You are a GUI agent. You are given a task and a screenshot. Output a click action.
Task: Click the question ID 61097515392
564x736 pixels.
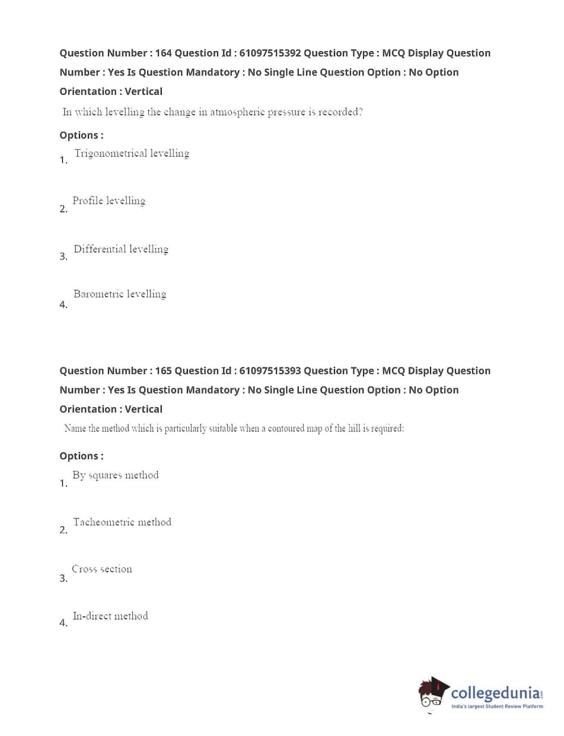click(x=270, y=53)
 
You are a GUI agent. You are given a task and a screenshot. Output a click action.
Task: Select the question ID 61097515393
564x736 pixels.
click(x=270, y=371)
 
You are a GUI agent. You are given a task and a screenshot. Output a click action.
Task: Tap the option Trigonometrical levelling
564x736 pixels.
click(x=132, y=153)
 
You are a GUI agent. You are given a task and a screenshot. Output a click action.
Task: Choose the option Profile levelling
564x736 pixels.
click(x=108, y=201)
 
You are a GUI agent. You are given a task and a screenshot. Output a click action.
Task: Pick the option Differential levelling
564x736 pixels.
click(x=121, y=249)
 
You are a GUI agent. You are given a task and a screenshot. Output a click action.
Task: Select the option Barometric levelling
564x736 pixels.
click(x=120, y=294)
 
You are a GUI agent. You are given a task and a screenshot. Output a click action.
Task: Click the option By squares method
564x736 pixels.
click(x=115, y=475)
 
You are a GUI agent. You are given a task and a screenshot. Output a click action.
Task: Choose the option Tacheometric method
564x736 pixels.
click(x=122, y=522)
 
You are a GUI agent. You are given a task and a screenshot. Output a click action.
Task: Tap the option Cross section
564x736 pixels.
click(x=102, y=569)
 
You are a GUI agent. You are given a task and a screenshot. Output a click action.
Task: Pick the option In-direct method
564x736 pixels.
click(x=110, y=616)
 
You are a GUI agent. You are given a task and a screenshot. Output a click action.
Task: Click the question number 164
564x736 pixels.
click(x=163, y=53)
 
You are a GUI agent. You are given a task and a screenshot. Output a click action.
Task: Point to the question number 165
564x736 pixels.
click(x=163, y=371)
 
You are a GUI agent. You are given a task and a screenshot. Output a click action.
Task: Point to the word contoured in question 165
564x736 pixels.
click(x=286, y=429)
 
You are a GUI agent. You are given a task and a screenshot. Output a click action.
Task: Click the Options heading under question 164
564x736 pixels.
click(x=81, y=135)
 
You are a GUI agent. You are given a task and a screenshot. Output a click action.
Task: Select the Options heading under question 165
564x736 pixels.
click(x=81, y=456)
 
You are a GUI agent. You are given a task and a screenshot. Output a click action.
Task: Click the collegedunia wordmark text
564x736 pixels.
click(x=495, y=693)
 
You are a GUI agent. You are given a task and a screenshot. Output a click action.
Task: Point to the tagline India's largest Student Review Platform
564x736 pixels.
click(x=497, y=706)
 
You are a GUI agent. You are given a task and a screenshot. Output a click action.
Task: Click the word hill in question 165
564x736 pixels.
click(x=354, y=429)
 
